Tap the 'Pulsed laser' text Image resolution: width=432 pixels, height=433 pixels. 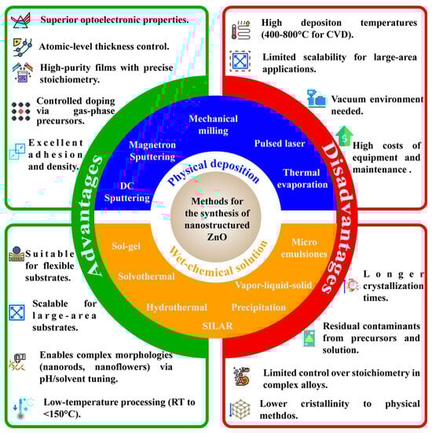point(276,145)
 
